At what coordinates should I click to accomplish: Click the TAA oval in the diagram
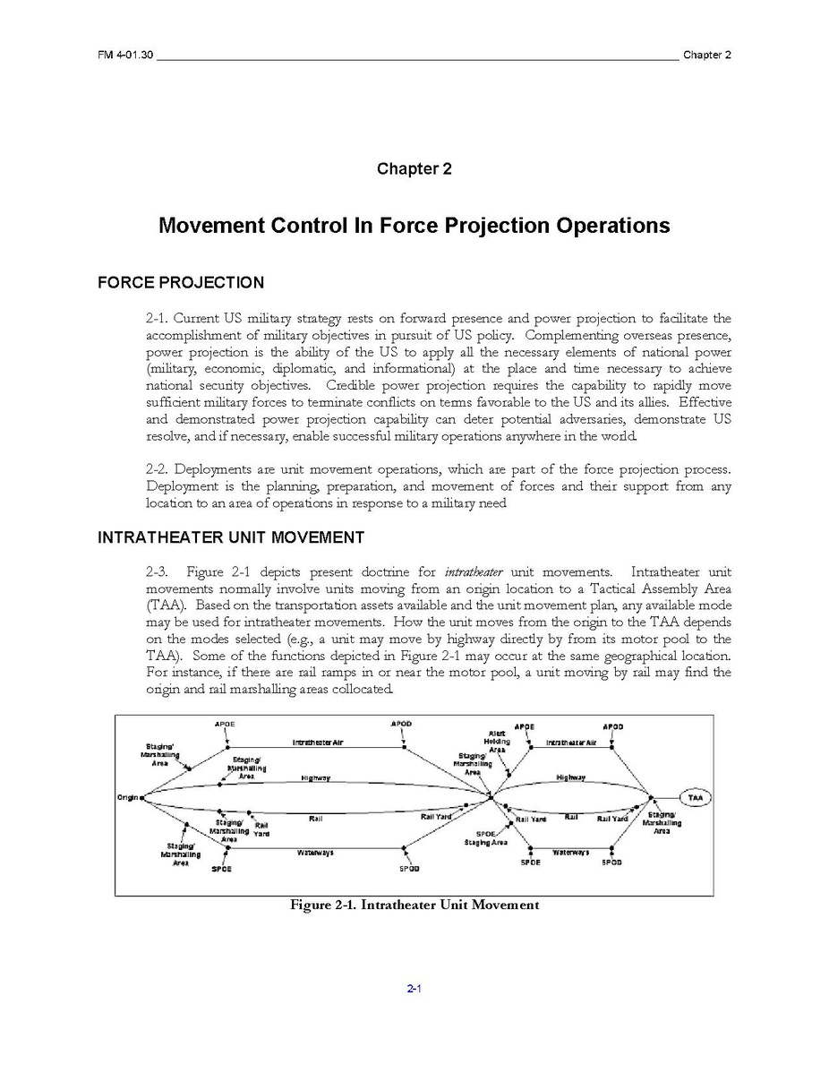pyautogui.click(x=695, y=798)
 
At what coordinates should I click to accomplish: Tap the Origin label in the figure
pyautogui.click(x=127, y=797)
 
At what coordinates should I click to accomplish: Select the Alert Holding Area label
pyautogui.click(x=497, y=742)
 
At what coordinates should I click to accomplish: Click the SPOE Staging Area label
pyautogui.click(x=486, y=838)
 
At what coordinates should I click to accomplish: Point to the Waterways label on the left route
pyautogui.click(x=315, y=853)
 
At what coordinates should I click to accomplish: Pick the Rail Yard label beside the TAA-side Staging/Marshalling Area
pyautogui.click(x=612, y=819)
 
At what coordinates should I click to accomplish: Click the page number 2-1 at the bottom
pyautogui.click(x=414, y=989)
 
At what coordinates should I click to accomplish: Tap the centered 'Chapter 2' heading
pyautogui.click(x=414, y=168)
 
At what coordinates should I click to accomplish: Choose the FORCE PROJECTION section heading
pyautogui.click(x=180, y=283)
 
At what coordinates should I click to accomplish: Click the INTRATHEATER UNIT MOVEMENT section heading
pyautogui.click(x=230, y=537)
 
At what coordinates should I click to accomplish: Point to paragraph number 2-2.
pyautogui.click(x=157, y=470)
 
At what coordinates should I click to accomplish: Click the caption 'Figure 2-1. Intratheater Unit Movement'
pyautogui.click(x=414, y=905)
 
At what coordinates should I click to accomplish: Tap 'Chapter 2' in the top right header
pyautogui.click(x=706, y=55)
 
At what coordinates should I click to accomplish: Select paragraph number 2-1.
pyautogui.click(x=157, y=319)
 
